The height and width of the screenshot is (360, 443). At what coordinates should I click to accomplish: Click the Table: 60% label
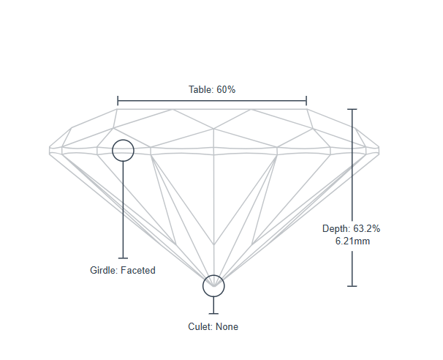point(212,89)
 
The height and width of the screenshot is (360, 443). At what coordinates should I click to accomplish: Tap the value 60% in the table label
point(226,89)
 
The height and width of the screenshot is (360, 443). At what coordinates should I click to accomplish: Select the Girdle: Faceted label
point(123,270)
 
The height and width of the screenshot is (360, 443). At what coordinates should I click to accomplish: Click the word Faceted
point(138,270)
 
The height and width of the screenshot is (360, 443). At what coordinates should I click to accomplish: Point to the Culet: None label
point(213,327)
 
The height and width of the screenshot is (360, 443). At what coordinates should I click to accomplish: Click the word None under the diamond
point(227,327)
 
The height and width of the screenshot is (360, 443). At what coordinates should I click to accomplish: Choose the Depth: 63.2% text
point(351,229)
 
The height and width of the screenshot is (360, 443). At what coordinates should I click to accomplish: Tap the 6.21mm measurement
point(352,241)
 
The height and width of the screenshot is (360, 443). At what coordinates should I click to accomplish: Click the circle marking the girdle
point(123,151)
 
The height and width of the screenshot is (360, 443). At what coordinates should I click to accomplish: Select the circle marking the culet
point(213,285)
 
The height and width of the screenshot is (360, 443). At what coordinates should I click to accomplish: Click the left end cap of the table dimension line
point(118,100)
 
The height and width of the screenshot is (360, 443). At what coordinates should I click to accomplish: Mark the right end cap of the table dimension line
point(306,100)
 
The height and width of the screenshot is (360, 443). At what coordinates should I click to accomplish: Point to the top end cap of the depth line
point(352,109)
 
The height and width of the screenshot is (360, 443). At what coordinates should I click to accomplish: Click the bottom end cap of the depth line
point(352,286)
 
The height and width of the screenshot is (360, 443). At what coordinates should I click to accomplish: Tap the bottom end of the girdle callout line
point(123,258)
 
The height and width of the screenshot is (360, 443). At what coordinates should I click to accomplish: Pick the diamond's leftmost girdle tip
point(50,149)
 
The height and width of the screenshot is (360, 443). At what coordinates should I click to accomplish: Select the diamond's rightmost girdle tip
point(381,149)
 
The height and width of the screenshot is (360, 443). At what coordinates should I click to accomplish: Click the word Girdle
point(104,270)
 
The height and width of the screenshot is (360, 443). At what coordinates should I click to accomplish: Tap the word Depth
point(335,229)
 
